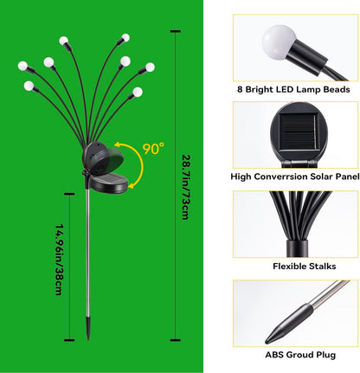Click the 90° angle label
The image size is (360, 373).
click(x=153, y=149)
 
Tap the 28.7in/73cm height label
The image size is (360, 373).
click(x=185, y=185)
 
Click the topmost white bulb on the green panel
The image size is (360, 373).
click(x=64, y=40)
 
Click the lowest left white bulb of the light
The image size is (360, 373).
click(x=29, y=86)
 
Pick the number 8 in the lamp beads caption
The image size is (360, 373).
click(x=239, y=87)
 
